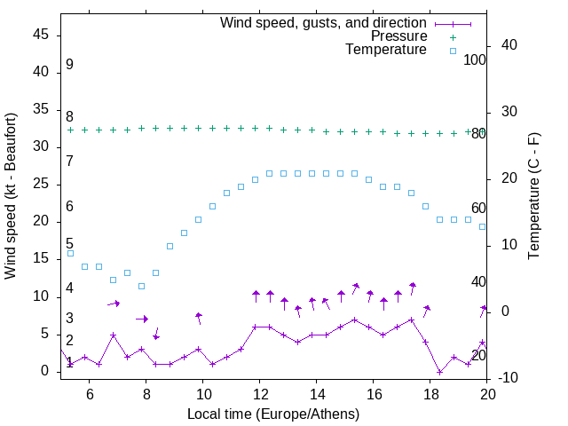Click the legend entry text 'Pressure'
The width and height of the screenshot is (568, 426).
[399, 36]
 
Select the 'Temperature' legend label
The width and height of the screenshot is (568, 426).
[386, 50]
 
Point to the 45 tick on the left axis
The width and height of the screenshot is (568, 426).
[41, 35]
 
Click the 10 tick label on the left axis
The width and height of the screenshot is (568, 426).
[41, 296]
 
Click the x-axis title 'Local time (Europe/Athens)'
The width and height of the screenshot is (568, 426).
[273, 414]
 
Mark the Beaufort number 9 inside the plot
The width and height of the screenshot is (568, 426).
[69, 65]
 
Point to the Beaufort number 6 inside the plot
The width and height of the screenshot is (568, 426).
[69, 207]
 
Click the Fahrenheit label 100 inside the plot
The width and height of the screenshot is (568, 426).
[475, 59]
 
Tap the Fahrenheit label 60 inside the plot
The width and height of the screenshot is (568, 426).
[478, 209]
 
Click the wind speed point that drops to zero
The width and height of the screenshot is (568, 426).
[440, 372]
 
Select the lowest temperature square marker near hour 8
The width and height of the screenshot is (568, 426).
[141, 286]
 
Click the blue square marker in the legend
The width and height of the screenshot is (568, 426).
[453, 51]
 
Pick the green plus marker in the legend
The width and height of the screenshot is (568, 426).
[453, 37]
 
